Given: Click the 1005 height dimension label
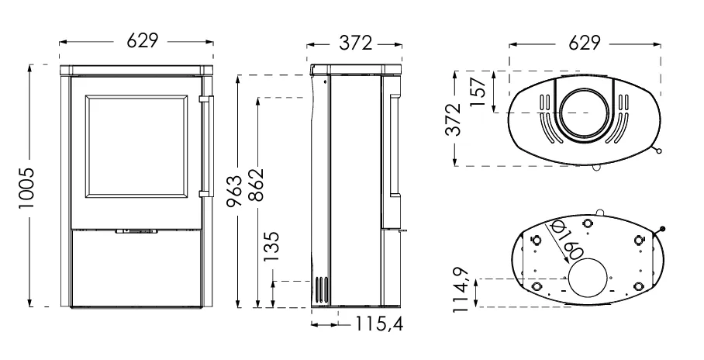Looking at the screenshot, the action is (x=27, y=188).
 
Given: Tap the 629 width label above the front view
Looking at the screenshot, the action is (x=143, y=41).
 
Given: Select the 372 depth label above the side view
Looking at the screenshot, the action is (x=356, y=43).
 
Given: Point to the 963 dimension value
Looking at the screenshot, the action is (x=234, y=191).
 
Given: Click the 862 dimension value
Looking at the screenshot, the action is (x=256, y=185).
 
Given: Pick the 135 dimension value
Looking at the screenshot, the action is (x=271, y=246).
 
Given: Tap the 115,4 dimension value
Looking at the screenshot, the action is (x=379, y=323).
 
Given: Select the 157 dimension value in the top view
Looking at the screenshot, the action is (x=478, y=92).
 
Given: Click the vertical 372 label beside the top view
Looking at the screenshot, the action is (x=454, y=119).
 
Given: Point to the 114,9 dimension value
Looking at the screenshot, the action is (x=461, y=290).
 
